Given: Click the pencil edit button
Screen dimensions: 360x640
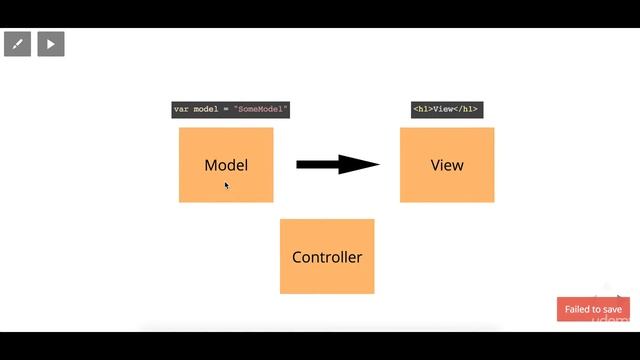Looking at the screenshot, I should (x=18, y=44).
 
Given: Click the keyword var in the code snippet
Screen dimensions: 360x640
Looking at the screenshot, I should (x=181, y=109).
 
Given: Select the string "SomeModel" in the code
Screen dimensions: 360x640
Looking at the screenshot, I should (x=261, y=109).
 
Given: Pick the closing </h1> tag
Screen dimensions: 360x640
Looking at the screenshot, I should (x=468, y=109).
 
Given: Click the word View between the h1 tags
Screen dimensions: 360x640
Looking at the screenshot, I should (x=444, y=109).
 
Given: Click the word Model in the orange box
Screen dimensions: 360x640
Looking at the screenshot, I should (x=225, y=165).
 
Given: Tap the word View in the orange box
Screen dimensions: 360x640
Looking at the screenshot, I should (x=447, y=165).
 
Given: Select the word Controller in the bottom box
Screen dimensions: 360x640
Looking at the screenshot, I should (x=327, y=257).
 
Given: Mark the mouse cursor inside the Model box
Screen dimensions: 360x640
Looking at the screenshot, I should (x=227, y=185).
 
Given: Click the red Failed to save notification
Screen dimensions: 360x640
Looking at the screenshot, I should (x=593, y=309).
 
